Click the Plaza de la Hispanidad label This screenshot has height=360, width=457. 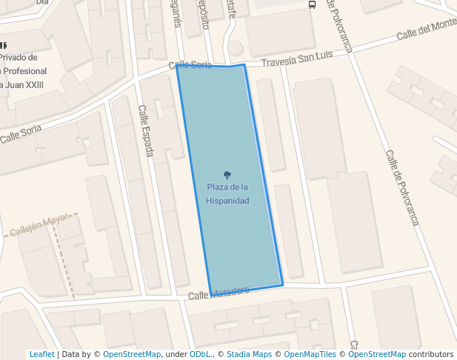pyautogui.click(x=227, y=193)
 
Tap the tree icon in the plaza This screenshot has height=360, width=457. pyautogui.click(x=227, y=175)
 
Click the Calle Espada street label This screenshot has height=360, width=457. pyautogui.click(x=146, y=130)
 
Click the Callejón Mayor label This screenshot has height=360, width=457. pyautogui.click(x=44, y=226)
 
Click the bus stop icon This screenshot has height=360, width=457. pyautogui.click(x=312, y=4)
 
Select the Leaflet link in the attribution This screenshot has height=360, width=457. pyautogui.click(x=41, y=354)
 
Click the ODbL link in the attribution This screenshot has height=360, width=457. pyautogui.click(x=200, y=354)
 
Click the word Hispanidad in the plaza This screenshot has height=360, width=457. pyautogui.click(x=227, y=201)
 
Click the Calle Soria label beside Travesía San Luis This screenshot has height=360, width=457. pyautogui.click(x=190, y=65)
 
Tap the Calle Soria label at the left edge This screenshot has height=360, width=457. pyautogui.click(x=21, y=134)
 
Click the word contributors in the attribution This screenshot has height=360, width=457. pyautogui.click(x=430, y=354)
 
